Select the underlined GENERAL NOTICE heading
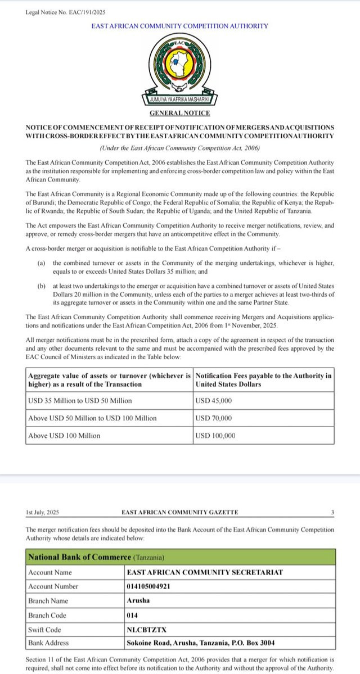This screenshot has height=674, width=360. [x=179, y=113]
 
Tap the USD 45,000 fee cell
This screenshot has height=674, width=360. [x=214, y=400]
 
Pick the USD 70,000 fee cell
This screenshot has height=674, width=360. [x=214, y=418]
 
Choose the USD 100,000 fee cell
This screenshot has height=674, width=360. [x=216, y=435]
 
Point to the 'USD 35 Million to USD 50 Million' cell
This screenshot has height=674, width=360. [x=80, y=400]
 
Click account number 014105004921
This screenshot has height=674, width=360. [x=148, y=585]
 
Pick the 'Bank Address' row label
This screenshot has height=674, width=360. [x=48, y=642]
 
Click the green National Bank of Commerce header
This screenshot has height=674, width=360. [x=181, y=557]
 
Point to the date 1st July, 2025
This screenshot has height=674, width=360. [x=42, y=512]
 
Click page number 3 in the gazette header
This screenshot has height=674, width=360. [x=332, y=512]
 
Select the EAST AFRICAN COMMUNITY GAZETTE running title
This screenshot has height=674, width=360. [x=179, y=512]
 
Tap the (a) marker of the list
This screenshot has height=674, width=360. [x=41, y=263]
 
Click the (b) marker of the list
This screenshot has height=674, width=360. [x=41, y=286]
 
